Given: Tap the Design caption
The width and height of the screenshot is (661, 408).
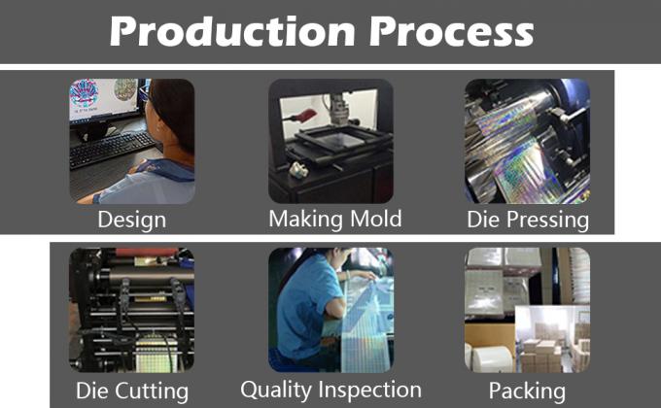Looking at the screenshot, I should (x=131, y=220).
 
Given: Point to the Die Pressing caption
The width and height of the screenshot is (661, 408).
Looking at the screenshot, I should (x=528, y=220).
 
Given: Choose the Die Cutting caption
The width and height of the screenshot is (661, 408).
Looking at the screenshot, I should (x=131, y=391).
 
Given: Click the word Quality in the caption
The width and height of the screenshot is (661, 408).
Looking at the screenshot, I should (x=280, y=391).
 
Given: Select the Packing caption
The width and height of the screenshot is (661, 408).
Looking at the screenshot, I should (x=527, y=391).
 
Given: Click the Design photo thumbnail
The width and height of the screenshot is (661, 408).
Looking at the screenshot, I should (x=131, y=141).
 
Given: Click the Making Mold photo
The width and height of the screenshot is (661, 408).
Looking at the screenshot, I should (x=330, y=141).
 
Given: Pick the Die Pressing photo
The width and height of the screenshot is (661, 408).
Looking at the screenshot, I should (x=527, y=141).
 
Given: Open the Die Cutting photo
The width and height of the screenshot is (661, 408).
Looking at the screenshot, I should (x=131, y=310).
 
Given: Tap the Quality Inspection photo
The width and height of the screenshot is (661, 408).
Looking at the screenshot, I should (x=330, y=310).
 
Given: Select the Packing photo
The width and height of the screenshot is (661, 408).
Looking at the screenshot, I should (x=527, y=310).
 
